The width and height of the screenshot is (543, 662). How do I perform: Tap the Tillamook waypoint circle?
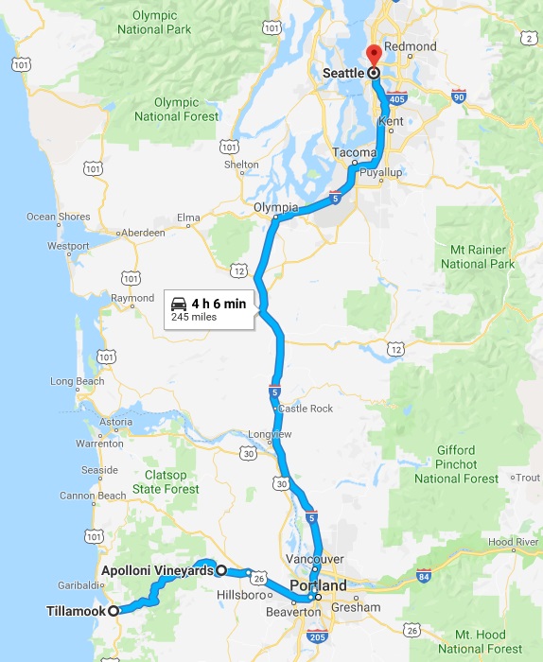coord(114,611)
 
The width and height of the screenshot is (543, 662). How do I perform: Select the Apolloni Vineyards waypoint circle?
coord(220,570)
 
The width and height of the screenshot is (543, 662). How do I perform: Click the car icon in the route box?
coord(179,304)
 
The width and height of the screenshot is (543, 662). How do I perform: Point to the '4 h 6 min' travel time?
coord(219,304)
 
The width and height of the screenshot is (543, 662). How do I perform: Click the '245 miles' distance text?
coord(194,318)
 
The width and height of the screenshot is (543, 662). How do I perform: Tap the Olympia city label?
coord(276,207)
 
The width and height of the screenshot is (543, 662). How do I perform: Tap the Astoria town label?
coord(116,422)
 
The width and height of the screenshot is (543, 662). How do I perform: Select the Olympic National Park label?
coord(155,23)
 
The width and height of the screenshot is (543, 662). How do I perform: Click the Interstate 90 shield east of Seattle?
coord(460,96)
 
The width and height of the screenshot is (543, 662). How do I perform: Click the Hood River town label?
coord(515,541)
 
